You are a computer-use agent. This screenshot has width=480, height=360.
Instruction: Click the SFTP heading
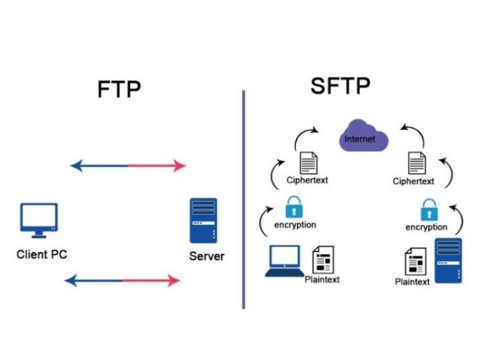tap(340, 86)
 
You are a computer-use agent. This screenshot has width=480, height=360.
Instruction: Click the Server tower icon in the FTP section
tap(204, 221)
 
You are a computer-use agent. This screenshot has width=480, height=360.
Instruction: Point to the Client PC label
tap(41, 254)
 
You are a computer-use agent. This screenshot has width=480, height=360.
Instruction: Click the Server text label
tap(206, 256)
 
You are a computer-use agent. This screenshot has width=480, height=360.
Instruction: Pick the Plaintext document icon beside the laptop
tap(323, 260)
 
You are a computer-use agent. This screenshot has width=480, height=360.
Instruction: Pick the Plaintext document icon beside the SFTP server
tap(415, 262)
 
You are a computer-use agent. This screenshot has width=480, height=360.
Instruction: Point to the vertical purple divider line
tap(244, 198)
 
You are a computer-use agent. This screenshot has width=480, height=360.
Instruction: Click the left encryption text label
tap(295, 225)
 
